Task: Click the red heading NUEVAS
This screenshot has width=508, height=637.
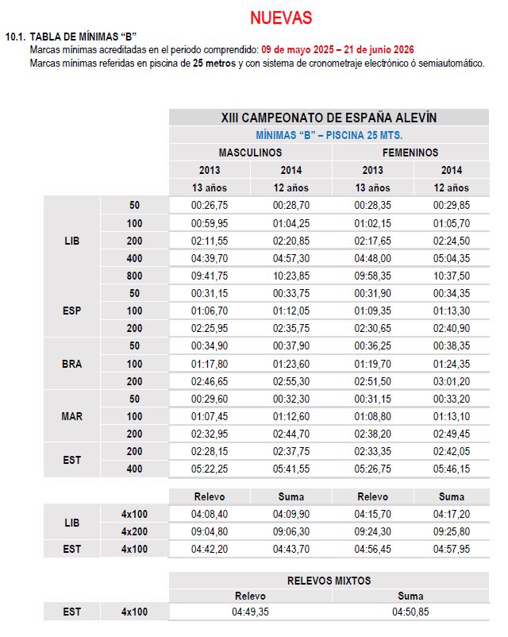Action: (x=281, y=17)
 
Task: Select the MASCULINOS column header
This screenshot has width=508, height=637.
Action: (x=250, y=152)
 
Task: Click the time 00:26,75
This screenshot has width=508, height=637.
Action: (x=210, y=206)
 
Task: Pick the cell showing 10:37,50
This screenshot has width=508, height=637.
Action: (x=451, y=276)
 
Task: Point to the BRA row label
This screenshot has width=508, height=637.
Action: (x=72, y=364)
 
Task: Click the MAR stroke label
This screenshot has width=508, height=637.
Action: (x=72, y=416)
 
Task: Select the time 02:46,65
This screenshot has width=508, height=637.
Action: (x=210, y=381)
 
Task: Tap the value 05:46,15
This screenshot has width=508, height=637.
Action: (x=451, y=469)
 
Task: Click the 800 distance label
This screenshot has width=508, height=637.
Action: (x=134, y=276)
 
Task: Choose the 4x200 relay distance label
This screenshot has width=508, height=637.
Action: (x=134, y=531)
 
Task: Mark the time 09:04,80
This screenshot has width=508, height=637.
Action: (x=210, y=531)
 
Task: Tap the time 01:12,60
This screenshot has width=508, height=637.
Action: (x=291, y=416)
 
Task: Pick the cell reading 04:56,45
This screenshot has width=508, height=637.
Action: (x=371, y=549)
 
